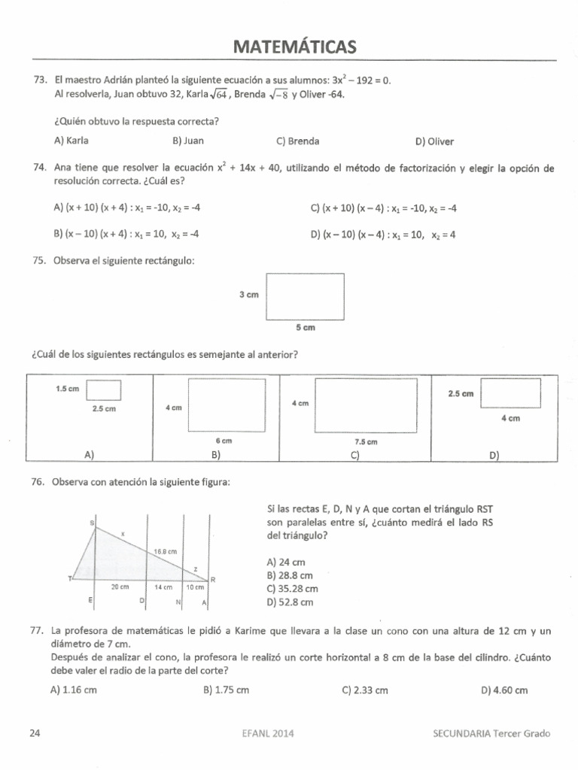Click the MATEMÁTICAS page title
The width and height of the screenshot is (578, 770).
pyautogui.click(x=294, y=47)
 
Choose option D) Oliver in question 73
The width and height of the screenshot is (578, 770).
pyautogui.click(x=434, y=141)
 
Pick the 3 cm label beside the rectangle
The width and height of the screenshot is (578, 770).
pyautogui.click(x=248, y=296)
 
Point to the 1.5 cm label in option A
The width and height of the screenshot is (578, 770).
pyautogui.click(x=68, y=389)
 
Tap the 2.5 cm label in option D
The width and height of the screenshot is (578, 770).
pyautogui.click(x=460, y=393)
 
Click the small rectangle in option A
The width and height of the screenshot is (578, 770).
pyautogui.click(x=104, y=390)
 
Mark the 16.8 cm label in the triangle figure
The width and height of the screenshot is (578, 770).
pyautogui.click(x=165, y=551)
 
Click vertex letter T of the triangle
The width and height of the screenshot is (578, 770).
pyautogui.click(x=70, y=578)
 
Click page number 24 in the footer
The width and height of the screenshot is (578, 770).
pyautogui.click(x=34, y=734)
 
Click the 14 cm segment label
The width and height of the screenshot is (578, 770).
pyautogui.click(x=164, y=587)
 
